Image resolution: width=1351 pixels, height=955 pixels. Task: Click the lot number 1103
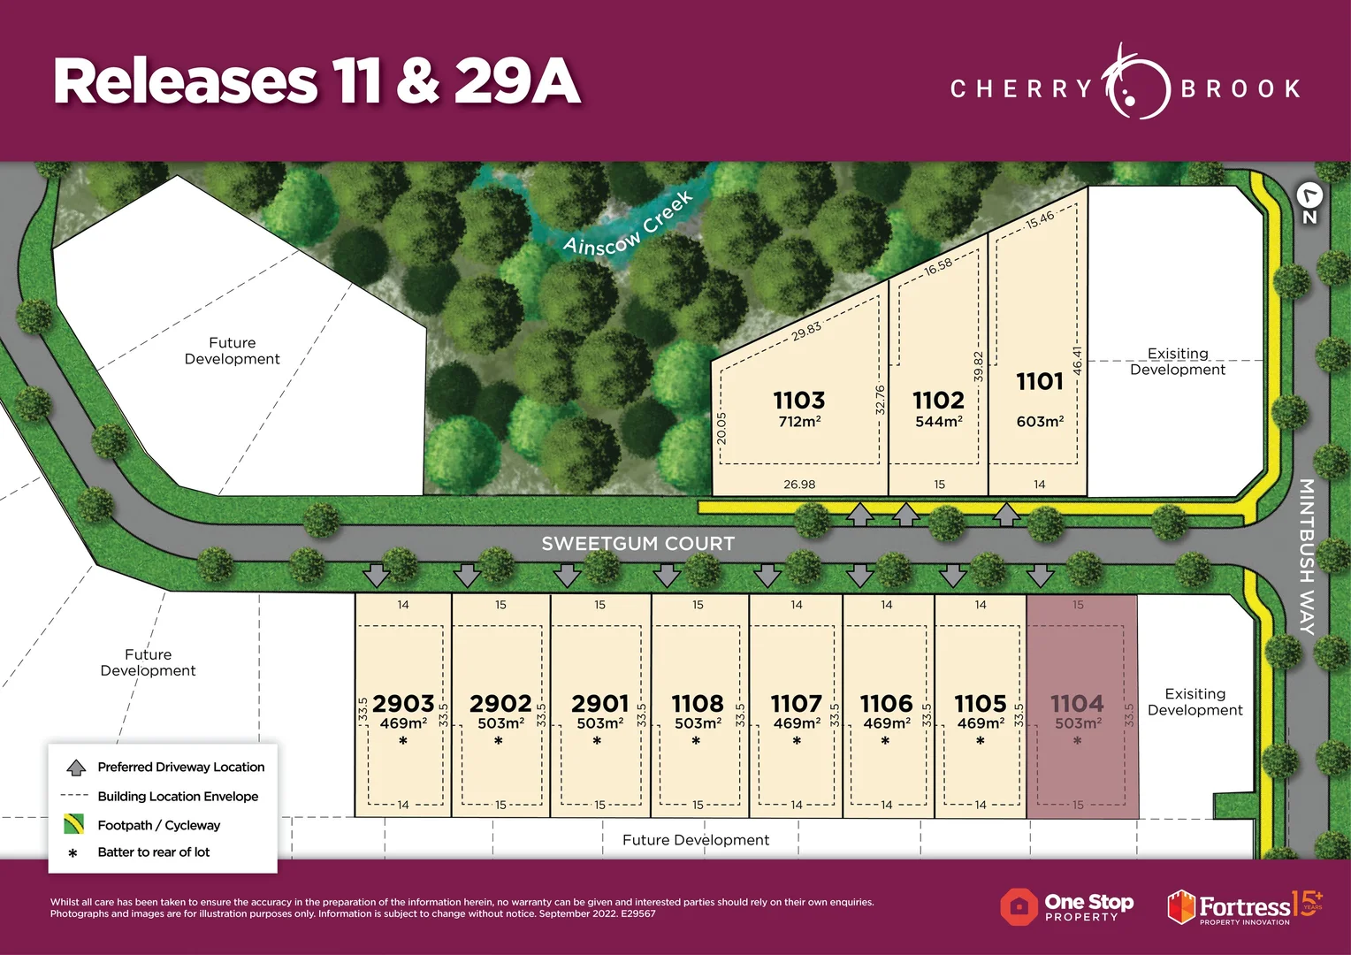tap(799, 401)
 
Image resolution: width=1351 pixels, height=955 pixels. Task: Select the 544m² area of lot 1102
tap(939, 422)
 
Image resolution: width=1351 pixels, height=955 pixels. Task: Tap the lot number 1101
tap(1040, 382)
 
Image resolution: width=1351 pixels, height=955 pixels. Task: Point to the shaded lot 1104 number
tap(1077, 704)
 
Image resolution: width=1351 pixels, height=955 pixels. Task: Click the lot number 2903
tap(403, 704)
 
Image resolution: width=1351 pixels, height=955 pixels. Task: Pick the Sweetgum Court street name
tap(637, 544)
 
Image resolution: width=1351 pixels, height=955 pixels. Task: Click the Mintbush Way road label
tap(1306, 556)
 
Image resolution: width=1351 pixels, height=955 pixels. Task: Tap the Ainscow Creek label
tap(628, 225)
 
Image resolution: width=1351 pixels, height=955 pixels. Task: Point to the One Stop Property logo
tap(1066, 907)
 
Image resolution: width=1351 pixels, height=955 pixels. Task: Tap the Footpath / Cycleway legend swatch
tap(74, 825)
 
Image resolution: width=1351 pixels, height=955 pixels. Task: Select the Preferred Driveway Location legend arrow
tap(76, 768)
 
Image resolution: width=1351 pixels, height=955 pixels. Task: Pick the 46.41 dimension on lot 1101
tap(1077, 361)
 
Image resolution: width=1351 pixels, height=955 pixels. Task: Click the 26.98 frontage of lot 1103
tap(799, 485)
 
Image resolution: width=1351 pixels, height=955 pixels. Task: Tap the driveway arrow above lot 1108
tap(667, 577)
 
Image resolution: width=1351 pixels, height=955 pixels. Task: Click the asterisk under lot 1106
tap(885, 742)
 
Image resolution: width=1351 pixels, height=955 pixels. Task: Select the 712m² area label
tap(799, 422)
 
